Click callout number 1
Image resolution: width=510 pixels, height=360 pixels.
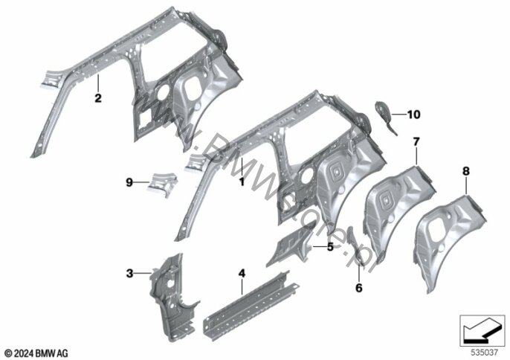(242, 182)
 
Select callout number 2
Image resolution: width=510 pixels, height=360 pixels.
(98, 97)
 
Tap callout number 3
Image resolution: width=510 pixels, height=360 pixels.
(129, 274)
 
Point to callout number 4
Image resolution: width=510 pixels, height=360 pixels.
(242, 274)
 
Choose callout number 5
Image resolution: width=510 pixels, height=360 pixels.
(330, 247)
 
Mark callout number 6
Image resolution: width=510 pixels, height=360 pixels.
(359, 288)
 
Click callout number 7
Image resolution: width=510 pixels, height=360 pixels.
(416, 141)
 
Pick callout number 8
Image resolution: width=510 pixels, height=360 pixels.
(466, 171)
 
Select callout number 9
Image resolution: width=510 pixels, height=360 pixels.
(129, 183)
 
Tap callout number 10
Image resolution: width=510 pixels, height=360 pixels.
(413, 115)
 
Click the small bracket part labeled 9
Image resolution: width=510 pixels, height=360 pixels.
(163, 184)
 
